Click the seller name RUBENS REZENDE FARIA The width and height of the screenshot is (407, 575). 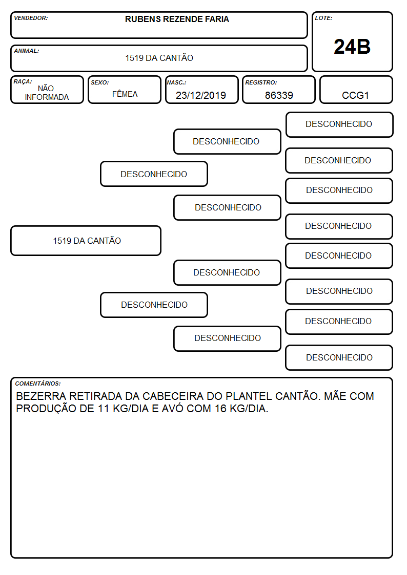pyautogui.click(x=177, y=19)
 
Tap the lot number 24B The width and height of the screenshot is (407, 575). pyautogui.click(x=352, y=47)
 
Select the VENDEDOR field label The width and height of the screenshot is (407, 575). pyautogui.click(x=31, y=18)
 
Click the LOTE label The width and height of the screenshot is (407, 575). pyautogui.click(x=323, y=18)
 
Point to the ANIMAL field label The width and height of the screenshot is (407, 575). pyautogui.click(x=27, y=51)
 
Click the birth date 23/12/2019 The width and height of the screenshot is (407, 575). pyautogui.click(x=201, y=95)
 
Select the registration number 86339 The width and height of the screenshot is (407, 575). pyautogui.click(x=279, y=95)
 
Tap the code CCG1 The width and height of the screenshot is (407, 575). pyautogui.click(x=355, y=95)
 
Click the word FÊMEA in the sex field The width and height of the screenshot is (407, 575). pyautogui.click(x=125, y=94)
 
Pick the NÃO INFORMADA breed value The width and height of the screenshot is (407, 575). pyautogui.click(x=47, y=93)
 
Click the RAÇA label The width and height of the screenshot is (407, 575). pyautogui.click(x=23, y=82)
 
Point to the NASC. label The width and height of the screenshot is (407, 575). pyautogui.click(x=176, y=83)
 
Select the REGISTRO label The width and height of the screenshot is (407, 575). pyautogui.click(x=261, y=83)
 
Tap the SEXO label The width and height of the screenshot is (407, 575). pyautogui.click(x=100, y=83)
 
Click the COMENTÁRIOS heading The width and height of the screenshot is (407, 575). pyautogui.click(x=38, y=384)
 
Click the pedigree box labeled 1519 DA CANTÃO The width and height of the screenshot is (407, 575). pyautogui.click(x=86, y=241)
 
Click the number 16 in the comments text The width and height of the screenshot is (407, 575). pyautogui.click(x=220, y=409)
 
